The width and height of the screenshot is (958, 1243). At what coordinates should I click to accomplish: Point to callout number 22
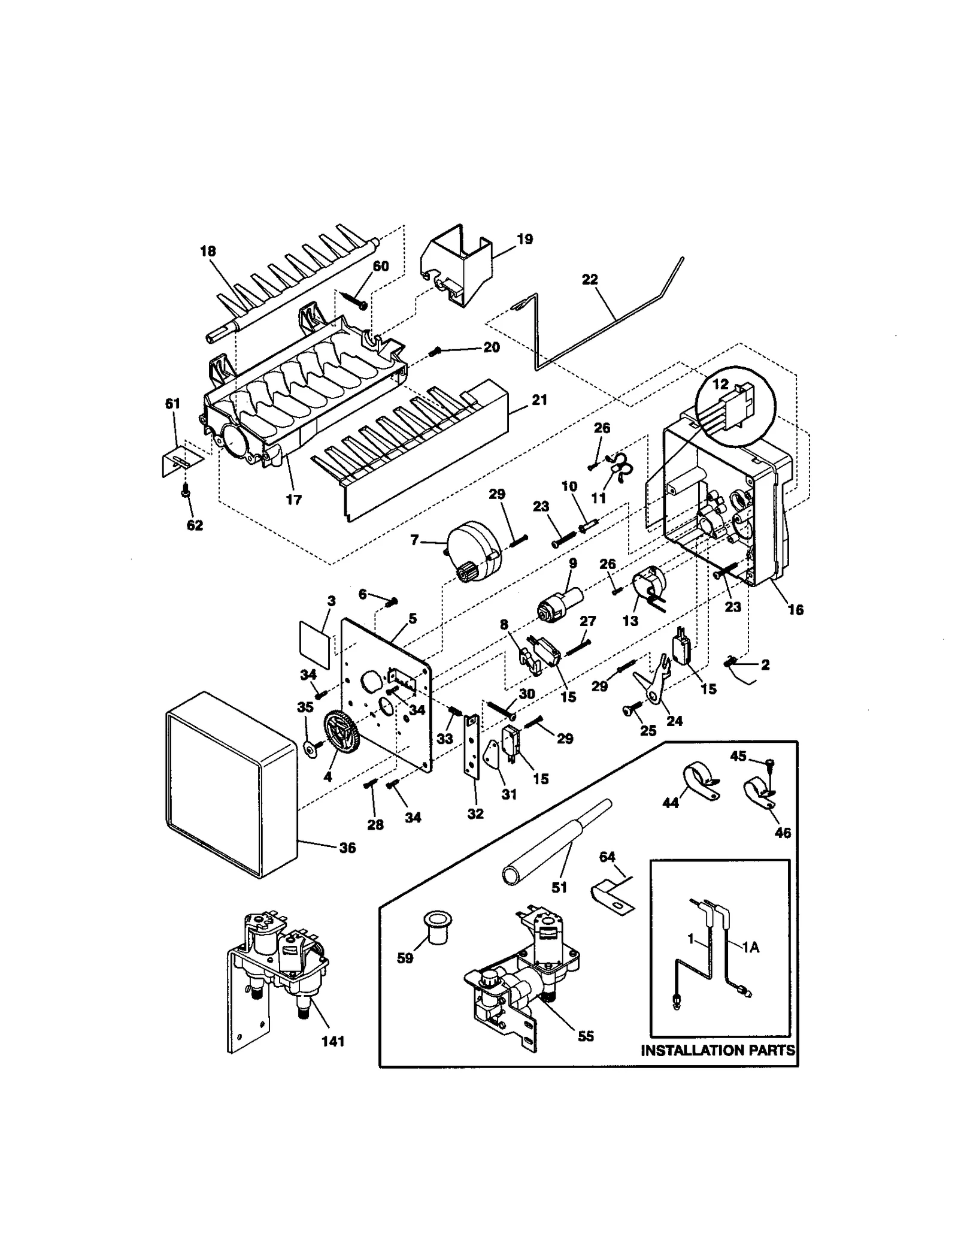point(590,279)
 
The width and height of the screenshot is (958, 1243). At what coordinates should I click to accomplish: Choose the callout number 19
point(525,239)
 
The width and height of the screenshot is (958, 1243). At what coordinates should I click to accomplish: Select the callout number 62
point(195,525)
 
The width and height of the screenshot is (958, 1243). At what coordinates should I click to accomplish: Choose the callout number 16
point(795,610)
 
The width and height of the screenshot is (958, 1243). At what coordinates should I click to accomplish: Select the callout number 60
point(381,265)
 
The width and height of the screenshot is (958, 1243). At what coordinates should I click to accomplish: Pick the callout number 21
point(539,400)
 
